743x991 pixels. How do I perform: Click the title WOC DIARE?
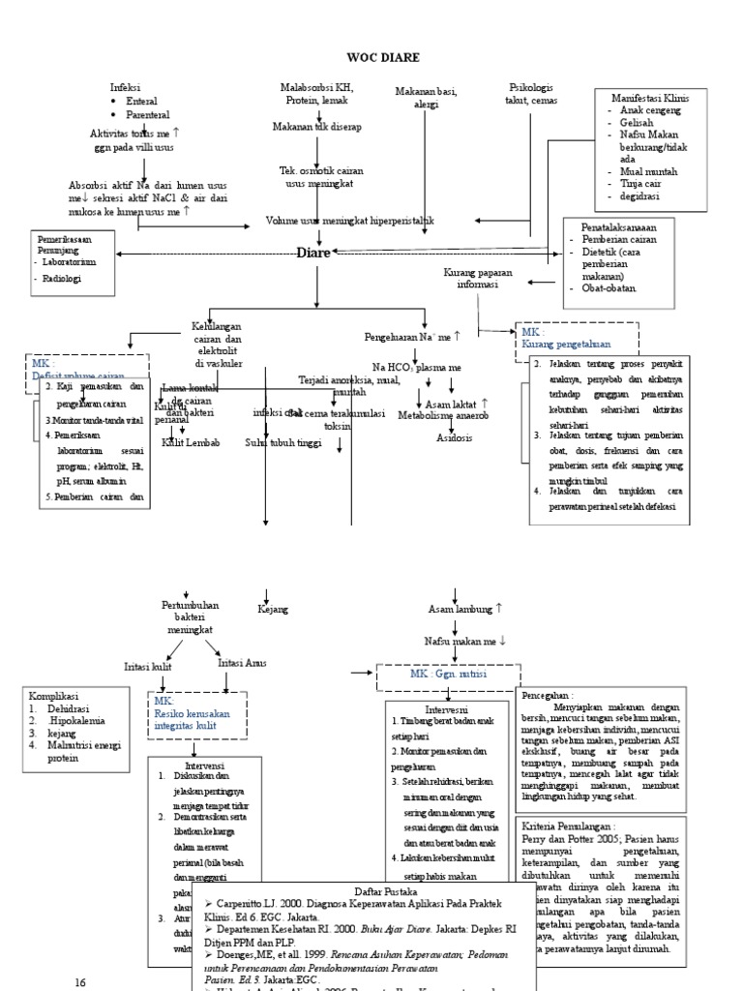point(371,57)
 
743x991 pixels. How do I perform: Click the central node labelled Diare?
point(312,254)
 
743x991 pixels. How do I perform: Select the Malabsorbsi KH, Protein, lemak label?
point(316,94)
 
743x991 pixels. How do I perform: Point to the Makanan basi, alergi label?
point(425,97)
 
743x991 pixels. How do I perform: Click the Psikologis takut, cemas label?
point(531,94)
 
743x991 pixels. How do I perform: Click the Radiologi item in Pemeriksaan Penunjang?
point(63,278)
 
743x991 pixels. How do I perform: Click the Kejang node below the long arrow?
point(272,610)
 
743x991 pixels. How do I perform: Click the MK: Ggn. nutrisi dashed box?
point(449,673)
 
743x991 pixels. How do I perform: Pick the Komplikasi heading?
point(54,695)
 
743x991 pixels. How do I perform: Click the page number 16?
point(81,981)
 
